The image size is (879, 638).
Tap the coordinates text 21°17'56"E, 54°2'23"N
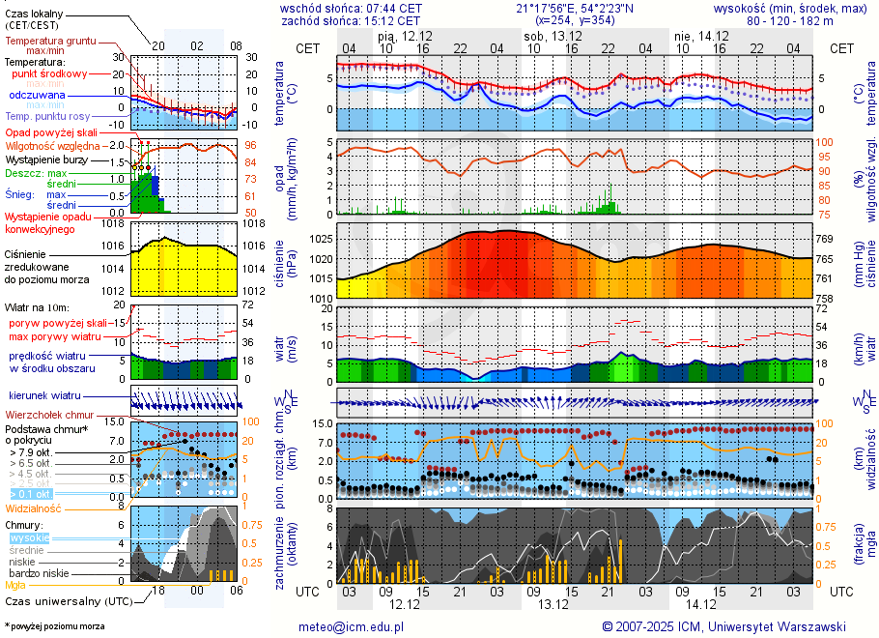[575, 8]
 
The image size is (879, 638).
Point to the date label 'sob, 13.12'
[547, 36]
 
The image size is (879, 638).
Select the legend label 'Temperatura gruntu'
[50, 42]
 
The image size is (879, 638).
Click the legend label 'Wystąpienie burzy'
[45, 159]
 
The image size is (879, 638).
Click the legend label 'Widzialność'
[34, 507]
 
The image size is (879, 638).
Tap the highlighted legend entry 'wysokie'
[29, 537]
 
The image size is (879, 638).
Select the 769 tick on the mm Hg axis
[825, 239]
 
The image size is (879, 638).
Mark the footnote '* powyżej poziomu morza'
[54, 626]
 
